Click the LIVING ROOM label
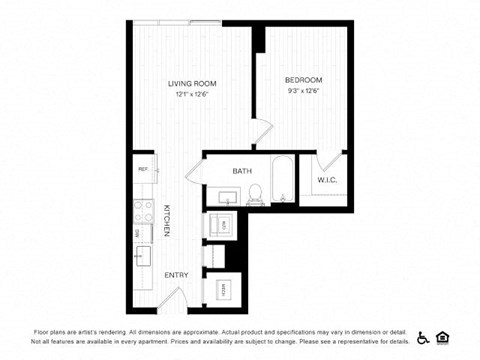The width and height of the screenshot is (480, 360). [x=192, y=83]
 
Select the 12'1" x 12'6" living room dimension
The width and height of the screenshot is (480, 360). [x=192, y=94]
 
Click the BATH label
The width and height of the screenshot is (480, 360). [x=242, y=171]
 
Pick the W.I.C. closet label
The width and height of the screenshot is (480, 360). [x=328, y=181]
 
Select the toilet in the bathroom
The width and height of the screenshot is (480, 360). [x=255, y=193]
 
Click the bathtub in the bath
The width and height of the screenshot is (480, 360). [x=283, y=181]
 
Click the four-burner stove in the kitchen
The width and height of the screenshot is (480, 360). [x=141, y=212]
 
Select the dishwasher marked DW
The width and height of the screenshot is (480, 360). [x=141, y=234]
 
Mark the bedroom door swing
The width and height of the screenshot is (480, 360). [x=258, y=133]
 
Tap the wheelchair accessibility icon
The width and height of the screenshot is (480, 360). [x=422, y=336]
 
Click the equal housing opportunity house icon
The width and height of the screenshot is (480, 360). [x=444, y=336]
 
